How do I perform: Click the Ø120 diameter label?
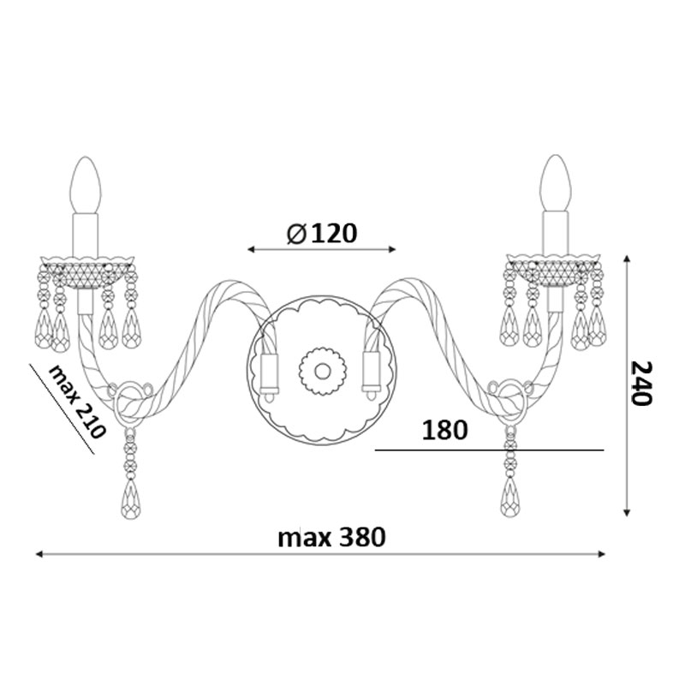coord(322,233)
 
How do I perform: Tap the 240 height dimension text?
coord(641,383)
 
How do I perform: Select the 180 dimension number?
coord(444,430)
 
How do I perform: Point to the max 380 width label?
coord(331,537)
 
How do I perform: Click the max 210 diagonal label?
coord(77,402)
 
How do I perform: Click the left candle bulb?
coord(86,185)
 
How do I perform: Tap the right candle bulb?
coord(556,183)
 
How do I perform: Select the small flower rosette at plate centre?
coord(323,372)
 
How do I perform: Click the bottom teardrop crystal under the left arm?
coord(130,499)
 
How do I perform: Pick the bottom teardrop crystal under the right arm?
coord(510,497)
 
